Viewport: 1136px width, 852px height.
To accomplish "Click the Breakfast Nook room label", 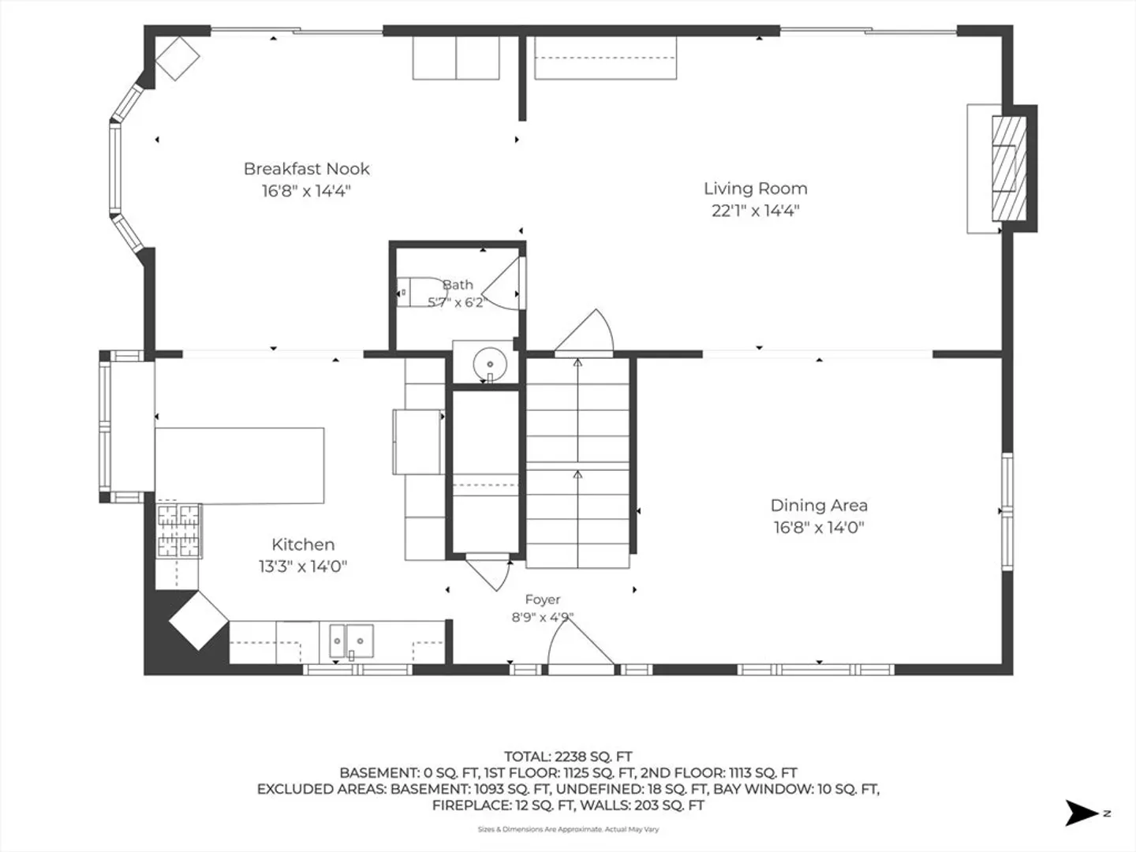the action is click(x=306, y=169).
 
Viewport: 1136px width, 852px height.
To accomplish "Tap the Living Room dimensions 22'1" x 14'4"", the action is click(x=756, y=211).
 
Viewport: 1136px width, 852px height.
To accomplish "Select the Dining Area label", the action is click(x=820, y=506).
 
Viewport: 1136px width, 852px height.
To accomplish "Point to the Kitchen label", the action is click(x=303, y=544).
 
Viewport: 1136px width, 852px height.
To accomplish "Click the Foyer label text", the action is click(x=543, y=600).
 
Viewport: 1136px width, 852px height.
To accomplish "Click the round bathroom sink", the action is click(x=490, y=364).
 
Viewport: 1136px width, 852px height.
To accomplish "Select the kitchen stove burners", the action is click(x=178, y=531).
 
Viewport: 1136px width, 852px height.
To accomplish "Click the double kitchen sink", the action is click(x=351, y=641).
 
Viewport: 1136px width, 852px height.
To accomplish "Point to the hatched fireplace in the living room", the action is click(x=1009, y=169).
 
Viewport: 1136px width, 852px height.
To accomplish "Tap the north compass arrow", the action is click(x=1081, y=813).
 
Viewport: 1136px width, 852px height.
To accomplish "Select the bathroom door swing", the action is click(x=502, y=284).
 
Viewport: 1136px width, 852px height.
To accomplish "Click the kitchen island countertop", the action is click(x=240, y=465).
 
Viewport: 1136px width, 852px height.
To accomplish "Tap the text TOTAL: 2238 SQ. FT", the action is click(x=568, y=757).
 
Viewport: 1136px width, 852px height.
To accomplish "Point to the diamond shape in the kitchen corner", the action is click(x=199, y=620).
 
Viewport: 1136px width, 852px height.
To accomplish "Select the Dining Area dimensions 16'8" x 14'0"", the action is click(x=820, y=528).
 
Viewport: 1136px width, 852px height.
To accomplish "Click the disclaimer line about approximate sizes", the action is click(x=568, y=829).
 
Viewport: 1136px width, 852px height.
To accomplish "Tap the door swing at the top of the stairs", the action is click(x=585, y=331).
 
